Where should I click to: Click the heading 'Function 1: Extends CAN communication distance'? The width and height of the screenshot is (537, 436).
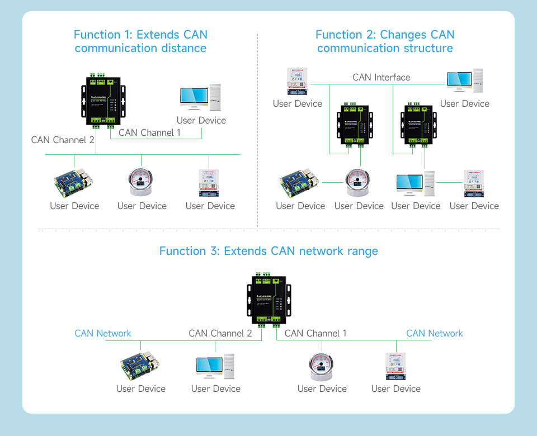tap(140, 41)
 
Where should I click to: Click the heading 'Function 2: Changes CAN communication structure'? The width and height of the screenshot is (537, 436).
tap(385, 41)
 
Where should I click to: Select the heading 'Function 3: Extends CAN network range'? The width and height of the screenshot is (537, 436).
tap(268, 251)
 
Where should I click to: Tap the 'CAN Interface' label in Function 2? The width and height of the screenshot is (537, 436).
tap(381, 77)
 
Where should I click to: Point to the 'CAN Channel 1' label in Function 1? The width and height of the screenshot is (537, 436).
tap(149, 132)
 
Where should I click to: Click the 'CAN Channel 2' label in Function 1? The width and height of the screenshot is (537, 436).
tap(63, 140)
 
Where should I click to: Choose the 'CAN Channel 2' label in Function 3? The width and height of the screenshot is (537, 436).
tap(220, 333)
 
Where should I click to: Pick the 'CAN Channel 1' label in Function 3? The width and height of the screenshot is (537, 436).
tap(315, 333)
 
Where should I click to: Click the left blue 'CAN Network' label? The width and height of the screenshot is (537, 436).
tap(103, 333)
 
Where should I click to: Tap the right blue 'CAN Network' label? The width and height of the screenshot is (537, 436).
tap(435, 333)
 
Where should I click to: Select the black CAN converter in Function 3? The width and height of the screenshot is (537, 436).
tap(269, 298)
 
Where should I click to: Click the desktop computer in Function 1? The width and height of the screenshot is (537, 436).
tap(200, 99)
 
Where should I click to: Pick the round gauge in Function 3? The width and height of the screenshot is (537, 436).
tap(322, 367)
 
